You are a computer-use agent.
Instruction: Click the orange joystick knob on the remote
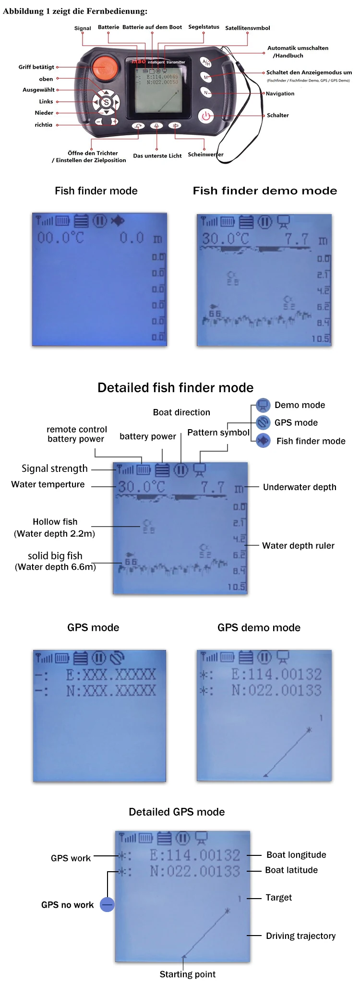click(x=105, y=68)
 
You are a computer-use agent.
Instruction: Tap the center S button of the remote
click(x=106, y=102)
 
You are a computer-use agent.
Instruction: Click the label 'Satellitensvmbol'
click(x=247, y=28)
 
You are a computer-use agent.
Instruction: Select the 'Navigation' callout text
click(x=280, y=94)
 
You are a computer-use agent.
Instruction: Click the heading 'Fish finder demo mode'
click(x=264, y=191)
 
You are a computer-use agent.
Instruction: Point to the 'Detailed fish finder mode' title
click(x=175, y=388)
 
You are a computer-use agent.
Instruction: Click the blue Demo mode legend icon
click(x=263, y=406)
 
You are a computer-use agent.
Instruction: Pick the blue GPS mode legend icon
click(x=263, y=423)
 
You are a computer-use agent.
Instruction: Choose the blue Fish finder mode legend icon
click(x=263, y=441)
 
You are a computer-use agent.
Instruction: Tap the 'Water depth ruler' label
click(x=298, y=546)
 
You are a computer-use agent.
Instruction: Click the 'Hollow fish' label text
click(x=55, y=522)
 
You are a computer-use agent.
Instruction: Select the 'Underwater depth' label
click(x=300, y=487)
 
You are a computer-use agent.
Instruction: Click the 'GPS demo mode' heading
click(x=259, y=628)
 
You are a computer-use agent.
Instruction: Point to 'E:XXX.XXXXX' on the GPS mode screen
click(x=111, y=674)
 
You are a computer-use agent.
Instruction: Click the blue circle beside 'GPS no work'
click(x=107, y=905)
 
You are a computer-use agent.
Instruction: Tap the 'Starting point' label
click(x=187, y=974)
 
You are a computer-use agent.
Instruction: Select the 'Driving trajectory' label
click(x=300, y=936)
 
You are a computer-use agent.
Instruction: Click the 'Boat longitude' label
click(x=296, y=855)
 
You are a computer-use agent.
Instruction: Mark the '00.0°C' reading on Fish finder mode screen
click(x=60, y=238)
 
